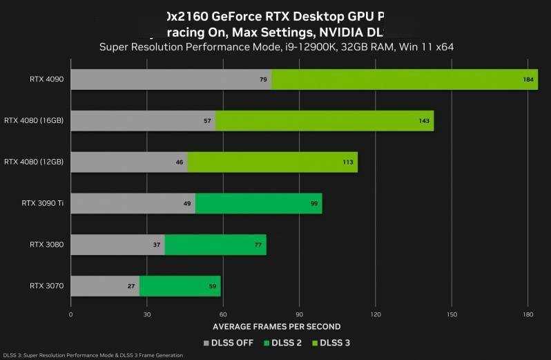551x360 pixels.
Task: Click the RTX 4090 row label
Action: point(46,79)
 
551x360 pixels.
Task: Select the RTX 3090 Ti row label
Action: point(42,203)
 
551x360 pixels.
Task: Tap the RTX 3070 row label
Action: point(46,285)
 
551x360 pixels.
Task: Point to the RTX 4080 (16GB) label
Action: point(33,120)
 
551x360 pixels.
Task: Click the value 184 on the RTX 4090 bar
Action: point(529,79)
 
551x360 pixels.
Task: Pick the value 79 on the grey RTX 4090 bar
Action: point(263,79)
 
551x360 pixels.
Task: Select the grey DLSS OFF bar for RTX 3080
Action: point(117,245)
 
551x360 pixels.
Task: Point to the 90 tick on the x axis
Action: point(299,314)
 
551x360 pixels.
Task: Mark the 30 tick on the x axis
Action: point(147,314)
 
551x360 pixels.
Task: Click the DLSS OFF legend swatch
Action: point(206,342)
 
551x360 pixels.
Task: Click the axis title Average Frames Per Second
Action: point(276,327)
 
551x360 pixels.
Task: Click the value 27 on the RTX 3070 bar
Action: point(131,286)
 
